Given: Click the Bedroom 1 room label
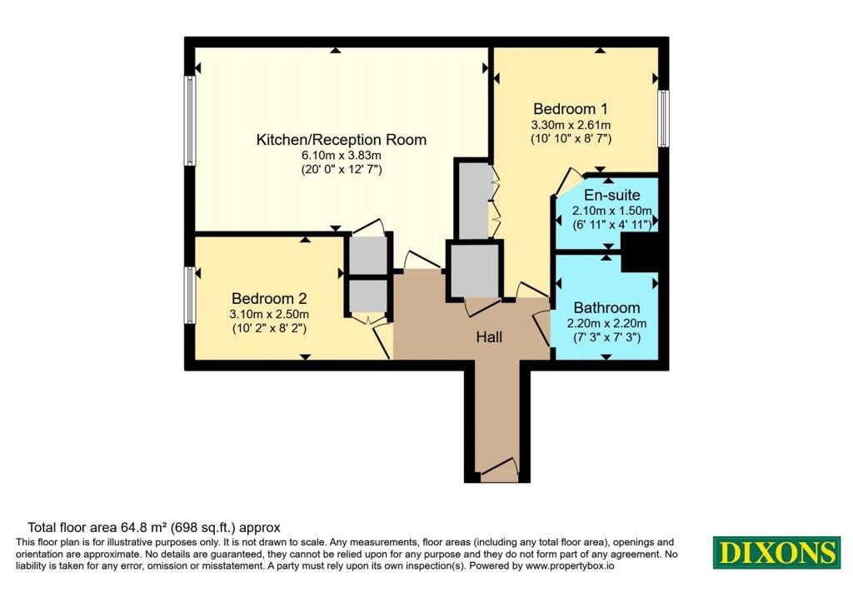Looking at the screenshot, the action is tap(571, 109).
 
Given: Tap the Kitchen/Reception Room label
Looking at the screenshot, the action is tap(341, 140).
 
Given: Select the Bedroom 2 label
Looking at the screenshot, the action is tap(269, 298).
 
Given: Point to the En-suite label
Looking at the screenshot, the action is tap(612, 195).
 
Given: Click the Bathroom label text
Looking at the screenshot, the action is tap(606, 308).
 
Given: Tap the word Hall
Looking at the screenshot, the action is tap(489, 337).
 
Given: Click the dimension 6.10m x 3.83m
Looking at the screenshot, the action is tap(341, 156).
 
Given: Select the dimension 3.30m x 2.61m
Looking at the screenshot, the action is tap(571, 125).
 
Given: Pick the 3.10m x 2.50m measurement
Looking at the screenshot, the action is tap(269, 314).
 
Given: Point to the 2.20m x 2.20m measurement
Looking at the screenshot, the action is tap(606, 324).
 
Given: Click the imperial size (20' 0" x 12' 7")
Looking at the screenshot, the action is tap(342, 170).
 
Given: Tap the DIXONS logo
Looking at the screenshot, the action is tap(776, 552).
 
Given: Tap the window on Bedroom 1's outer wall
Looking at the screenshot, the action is tap(663, 118).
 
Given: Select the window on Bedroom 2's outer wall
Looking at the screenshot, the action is tap(189, 296).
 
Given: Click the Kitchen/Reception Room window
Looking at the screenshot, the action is tap(189, 121).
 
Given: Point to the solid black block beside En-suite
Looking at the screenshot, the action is tap(640, 252).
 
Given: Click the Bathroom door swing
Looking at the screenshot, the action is tap(541, 328).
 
